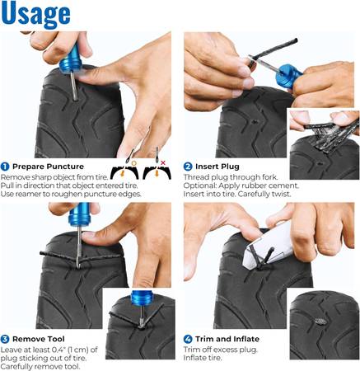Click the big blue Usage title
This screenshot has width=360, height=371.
click(x=35, y=14)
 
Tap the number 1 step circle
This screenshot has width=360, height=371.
click(x=5, y=167)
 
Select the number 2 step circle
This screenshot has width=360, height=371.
click(x=188, y=167)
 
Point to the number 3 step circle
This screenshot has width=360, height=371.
click(x=5, y=339)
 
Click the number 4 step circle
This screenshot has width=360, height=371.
click(x=188, y=339)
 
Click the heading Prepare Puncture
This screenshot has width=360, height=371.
click(x=48, y=167)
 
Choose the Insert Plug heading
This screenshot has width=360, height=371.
click(x=217, y=167)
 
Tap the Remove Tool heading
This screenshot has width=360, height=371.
click(x=39, y=339)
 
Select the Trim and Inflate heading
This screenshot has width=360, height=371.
click(x=227, y=339)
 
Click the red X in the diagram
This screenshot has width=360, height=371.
click(x=163, y=162)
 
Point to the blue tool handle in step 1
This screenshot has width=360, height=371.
click(x=71, y=60)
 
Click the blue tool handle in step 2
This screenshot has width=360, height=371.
click(x=290, y=75)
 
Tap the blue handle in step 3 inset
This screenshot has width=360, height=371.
click(x=142, y=298)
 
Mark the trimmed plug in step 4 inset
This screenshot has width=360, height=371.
click(x=319, y=321)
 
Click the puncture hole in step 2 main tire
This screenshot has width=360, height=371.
click(x=255, y=120)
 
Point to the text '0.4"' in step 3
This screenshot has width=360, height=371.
click(x=58, y=350)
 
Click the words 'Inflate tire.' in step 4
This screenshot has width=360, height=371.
click(x=202, y=358)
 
